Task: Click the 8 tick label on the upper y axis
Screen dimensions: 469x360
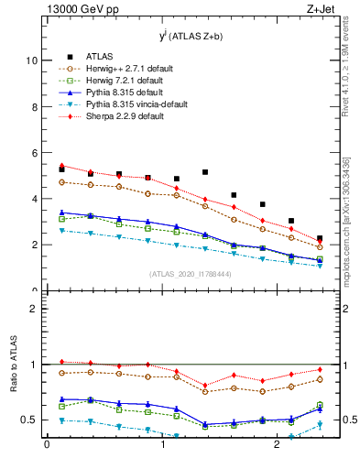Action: (x=33, y=107)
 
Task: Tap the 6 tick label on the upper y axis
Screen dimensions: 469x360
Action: (x=33, y=153)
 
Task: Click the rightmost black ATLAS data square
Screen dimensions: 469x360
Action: (x=320, y=239)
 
